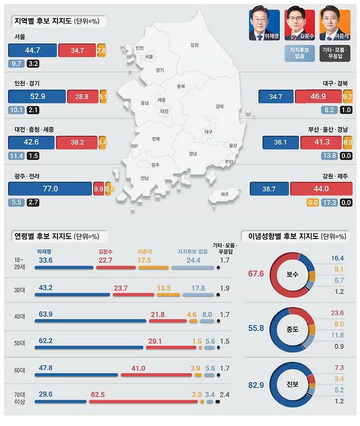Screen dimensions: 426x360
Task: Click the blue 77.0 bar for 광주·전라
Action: (x=50, y=189)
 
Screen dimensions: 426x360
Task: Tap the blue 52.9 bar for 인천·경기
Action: (x=36, y=97)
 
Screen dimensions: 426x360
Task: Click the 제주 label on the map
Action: (x=224, y=194)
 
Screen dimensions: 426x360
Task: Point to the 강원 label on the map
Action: (x=194, y=45)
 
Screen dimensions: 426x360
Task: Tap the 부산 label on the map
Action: (x=228, y=161)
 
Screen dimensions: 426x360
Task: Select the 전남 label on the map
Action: (x=144, y=178)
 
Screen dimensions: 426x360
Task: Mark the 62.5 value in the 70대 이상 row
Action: (x=98, y=394)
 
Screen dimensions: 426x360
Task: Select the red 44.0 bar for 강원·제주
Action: (x=321, y=189)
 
